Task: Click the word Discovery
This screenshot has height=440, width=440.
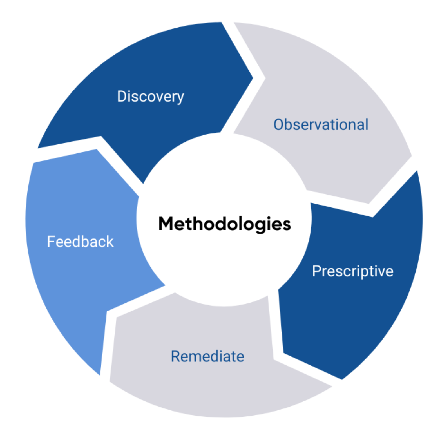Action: click(x=151, y=97)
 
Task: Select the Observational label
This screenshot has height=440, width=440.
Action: click(x=321, y=125)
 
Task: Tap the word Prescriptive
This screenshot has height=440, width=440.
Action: click(x=352, y=271)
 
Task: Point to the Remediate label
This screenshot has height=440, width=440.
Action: click(x=207, y=356)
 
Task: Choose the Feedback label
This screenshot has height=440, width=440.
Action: click(x=80, y=242)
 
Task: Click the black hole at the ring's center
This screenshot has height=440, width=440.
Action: click(x=224, y=220)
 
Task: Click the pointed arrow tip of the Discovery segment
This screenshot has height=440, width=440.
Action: click(x=253, y=78)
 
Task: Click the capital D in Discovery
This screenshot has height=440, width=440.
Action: click(x=122, y=96)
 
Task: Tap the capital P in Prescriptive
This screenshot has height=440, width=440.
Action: click(x=317, y=271)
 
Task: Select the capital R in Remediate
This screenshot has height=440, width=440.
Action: click(x=176, y=356)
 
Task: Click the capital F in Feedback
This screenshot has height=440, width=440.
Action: click(x=51, y=242)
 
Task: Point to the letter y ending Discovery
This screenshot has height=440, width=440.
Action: click(x=180, y=98)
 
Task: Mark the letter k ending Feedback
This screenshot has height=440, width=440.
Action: click(x=110, y=242)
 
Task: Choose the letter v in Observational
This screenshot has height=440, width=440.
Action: click(x=319, y=126)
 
